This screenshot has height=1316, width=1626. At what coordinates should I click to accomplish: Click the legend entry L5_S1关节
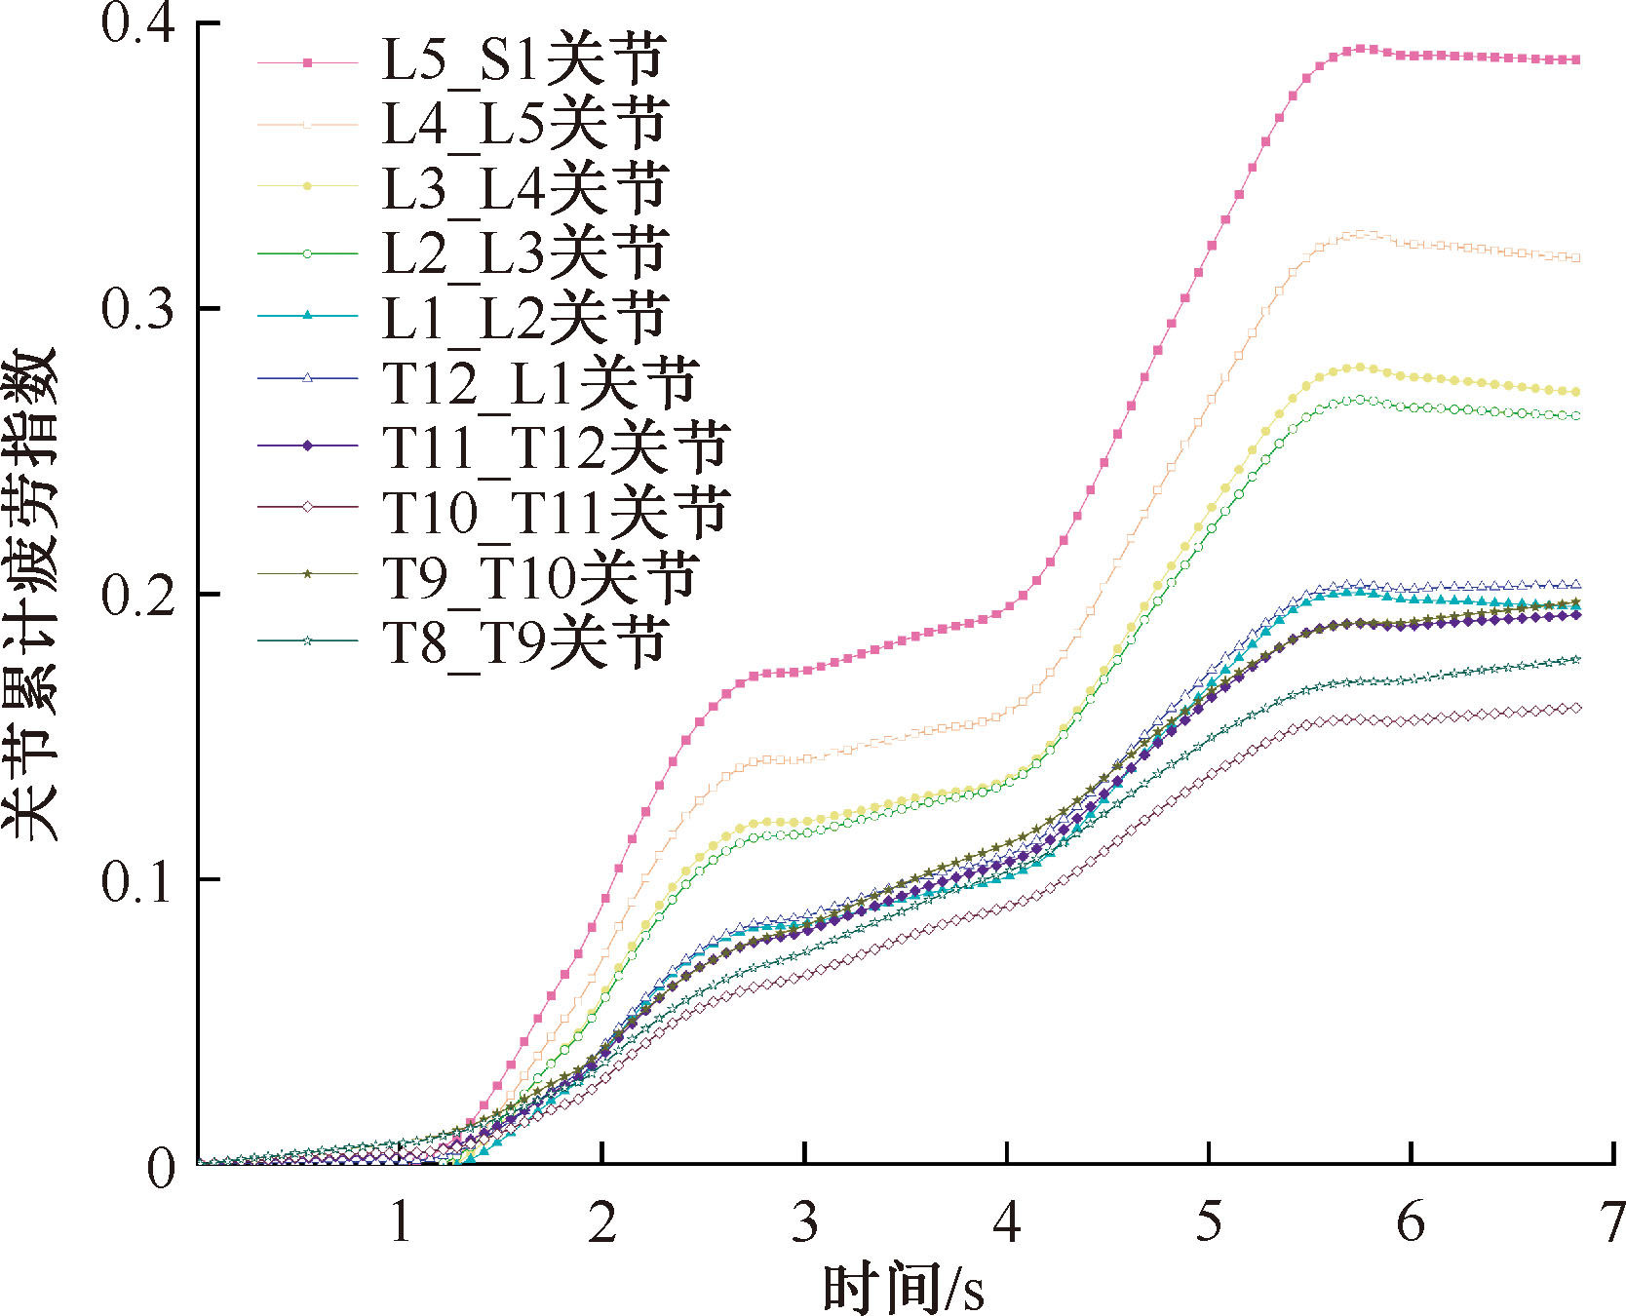pos(523,60)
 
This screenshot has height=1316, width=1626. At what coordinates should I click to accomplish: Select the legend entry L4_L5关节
pos(523,125)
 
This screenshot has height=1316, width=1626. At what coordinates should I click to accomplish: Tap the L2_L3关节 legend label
pos(523,253)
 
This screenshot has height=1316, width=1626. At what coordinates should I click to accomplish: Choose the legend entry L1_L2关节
pos(523,318)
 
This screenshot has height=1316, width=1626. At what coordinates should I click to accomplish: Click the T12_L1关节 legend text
pos(539,382)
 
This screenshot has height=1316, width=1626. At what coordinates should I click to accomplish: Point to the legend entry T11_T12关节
pos(556,447)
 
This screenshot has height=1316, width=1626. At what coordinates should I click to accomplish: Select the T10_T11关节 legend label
pos(556,512)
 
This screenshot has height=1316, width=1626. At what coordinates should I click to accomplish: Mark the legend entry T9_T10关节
pos(539,576)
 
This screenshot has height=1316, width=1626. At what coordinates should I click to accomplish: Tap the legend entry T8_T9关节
pos(523,641)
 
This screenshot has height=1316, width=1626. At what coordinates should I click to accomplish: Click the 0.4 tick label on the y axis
pos(137,23)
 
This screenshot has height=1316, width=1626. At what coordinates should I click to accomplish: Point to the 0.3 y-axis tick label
pos(137,309)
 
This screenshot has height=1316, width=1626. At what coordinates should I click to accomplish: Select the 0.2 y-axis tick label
pos(137,595)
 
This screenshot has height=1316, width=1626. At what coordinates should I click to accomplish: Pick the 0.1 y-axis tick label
pos(137,880)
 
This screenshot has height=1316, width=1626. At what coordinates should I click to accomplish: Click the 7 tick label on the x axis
pos(1612,1222)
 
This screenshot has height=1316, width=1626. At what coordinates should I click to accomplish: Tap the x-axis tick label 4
pos(1006,1222)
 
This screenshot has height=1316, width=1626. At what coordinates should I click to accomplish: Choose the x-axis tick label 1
pos(401,1222)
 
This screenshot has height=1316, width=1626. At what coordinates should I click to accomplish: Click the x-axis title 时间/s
pos(903,1287)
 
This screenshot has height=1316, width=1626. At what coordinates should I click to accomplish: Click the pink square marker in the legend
pos(307,62)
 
